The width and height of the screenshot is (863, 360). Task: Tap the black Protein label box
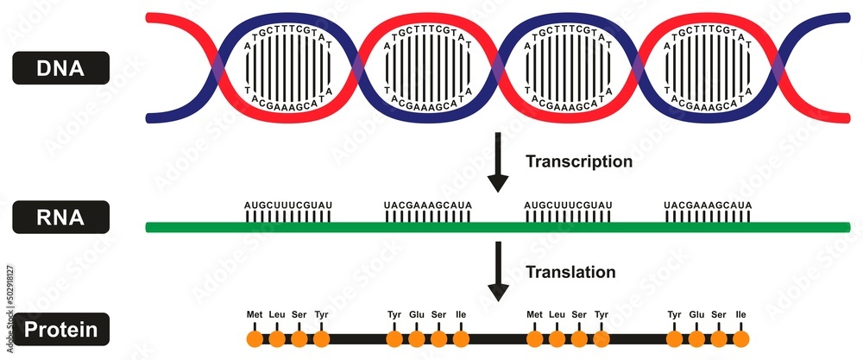point(60,329)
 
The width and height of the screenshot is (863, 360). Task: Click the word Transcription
point(579,161)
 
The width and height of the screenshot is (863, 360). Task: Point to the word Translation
point(570,272)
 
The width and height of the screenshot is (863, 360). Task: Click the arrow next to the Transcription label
point(498,164)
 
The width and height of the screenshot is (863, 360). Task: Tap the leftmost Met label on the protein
point(255,314)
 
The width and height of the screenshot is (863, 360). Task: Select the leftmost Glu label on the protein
point(417,314)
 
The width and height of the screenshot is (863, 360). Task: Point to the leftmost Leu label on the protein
point(277,314)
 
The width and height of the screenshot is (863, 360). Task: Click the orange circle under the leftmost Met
point(255,338)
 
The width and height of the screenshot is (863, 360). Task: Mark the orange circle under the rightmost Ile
point(740,338)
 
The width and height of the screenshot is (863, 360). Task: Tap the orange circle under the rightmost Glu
point(696,338)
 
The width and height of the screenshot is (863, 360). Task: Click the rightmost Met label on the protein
point(534,314)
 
